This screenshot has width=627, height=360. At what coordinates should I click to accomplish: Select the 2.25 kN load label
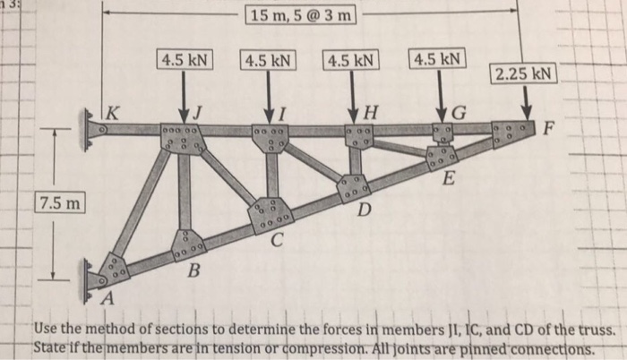(x=524, y=73)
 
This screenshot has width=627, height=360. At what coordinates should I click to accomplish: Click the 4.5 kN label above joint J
(x=185, y=61)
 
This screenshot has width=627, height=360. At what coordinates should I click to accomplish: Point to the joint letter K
(x=113, y=114)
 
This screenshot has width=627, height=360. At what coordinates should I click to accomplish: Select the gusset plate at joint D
(x=354, y=186)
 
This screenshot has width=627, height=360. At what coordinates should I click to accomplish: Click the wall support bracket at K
(x=93, y=129)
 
